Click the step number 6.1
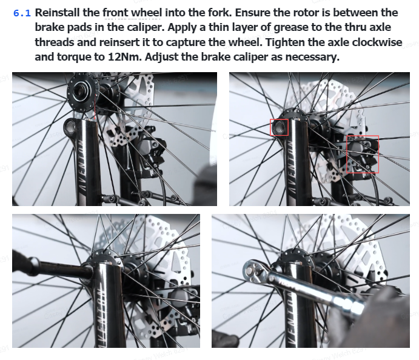(22, 13)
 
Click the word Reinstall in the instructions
(58, 13)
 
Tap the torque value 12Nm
(124, 57)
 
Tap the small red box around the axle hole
(280, 127)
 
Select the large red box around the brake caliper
(363, 155)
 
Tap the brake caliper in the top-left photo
(150, 155)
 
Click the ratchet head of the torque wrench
(253, 270)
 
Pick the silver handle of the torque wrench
(318, 292)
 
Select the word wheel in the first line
(147, 13)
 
